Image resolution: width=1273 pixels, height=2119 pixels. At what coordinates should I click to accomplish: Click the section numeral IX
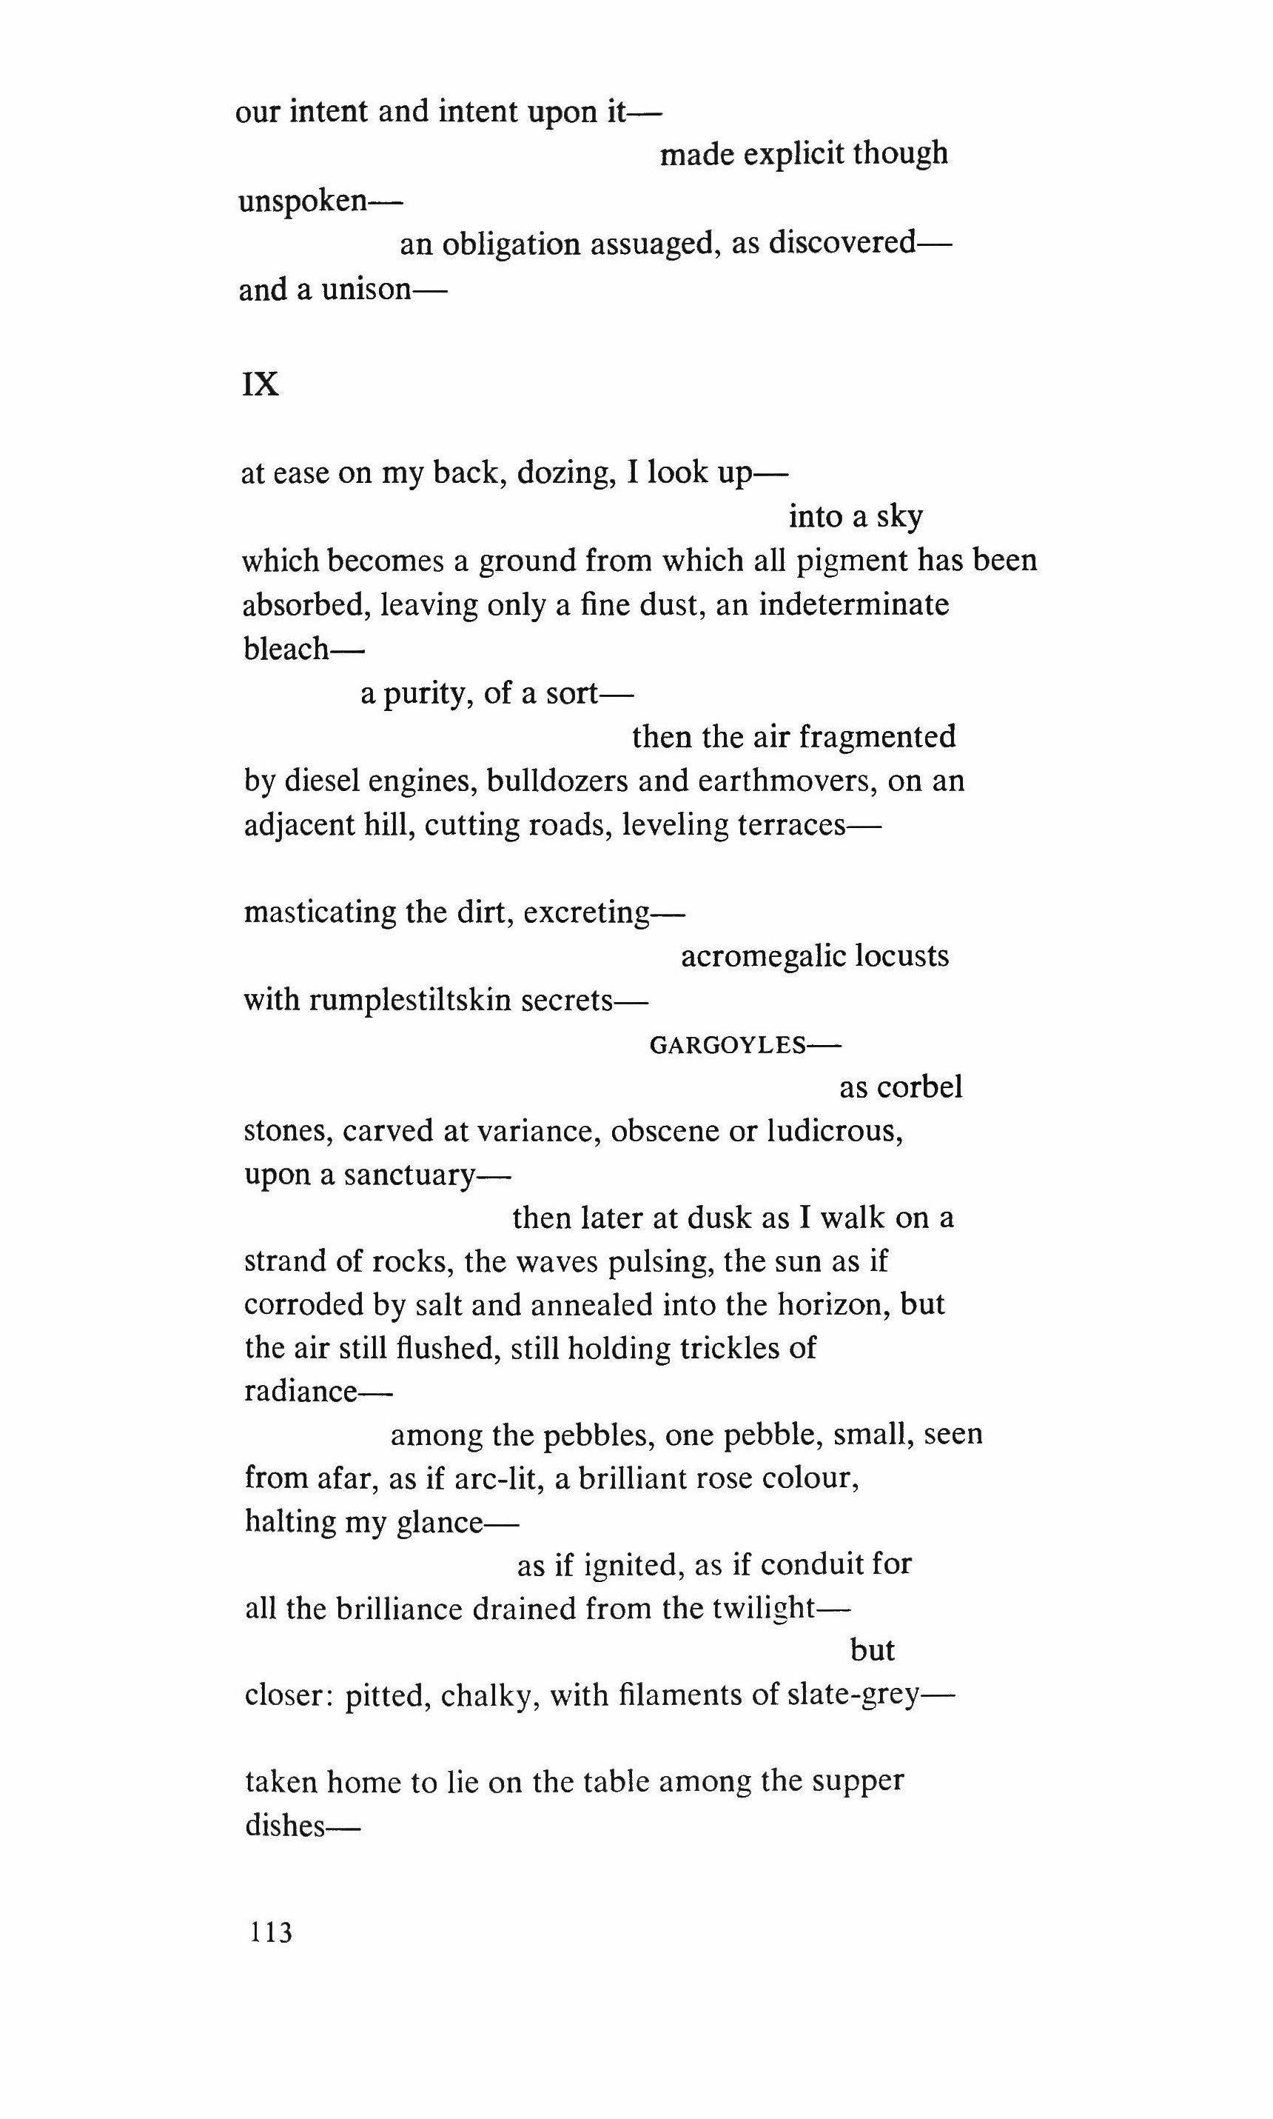pos(261,385)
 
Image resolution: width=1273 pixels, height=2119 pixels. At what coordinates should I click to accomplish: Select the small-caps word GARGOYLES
pos(728,1044)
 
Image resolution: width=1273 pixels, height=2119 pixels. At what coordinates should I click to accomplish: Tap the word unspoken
pos(303,201)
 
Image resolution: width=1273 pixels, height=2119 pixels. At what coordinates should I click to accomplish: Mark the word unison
pos(367,290)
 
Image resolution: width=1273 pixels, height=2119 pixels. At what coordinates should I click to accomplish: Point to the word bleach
pos(286,649)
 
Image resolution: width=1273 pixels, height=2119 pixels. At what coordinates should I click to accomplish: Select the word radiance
pos(300,1391)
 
